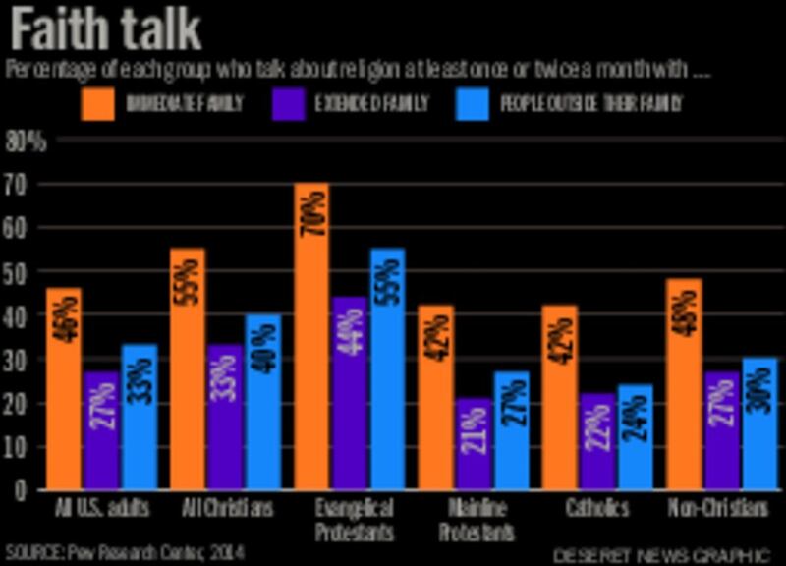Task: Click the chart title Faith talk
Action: tap(106, 31)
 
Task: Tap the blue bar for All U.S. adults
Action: tap(140, 417)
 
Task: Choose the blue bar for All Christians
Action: tap(263, 402)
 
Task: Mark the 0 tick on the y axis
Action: tap(17, 489)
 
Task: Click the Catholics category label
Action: tap(596, 509)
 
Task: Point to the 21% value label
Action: tap(473, 435)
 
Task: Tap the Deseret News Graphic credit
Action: tap(659, 554)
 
